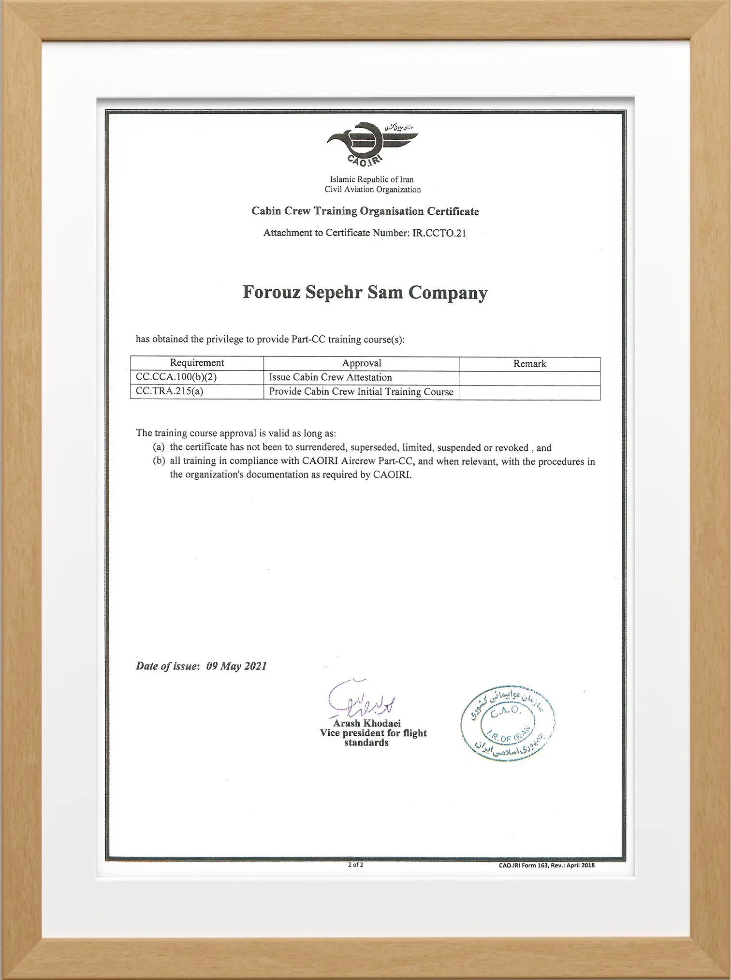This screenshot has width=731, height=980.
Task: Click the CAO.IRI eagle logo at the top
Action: tap(370, 144)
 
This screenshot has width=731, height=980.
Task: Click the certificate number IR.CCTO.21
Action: tap(439, 233)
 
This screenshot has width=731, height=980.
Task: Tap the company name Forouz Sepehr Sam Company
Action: tap(365, 293)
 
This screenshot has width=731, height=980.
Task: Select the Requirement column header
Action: tap(197, 363)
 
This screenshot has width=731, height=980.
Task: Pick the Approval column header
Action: tap(361, 363)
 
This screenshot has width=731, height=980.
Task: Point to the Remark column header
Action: tap(529, 364)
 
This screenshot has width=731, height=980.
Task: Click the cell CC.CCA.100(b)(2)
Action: tap(176, 377)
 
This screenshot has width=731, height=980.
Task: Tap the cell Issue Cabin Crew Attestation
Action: tap(330, 377)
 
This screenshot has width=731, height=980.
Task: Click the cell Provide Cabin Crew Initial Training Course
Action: tap(361, 392)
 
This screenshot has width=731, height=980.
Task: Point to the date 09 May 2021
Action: tap(236, 666)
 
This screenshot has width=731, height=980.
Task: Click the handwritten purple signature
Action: tap(360, 700)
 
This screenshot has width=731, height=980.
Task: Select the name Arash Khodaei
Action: tap(366, 724)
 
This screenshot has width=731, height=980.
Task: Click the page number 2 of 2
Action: tap(355, 865)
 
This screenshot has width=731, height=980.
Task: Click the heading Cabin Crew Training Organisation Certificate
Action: tap(365, 211)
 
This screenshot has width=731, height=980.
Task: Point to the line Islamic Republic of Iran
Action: tap(372, 179)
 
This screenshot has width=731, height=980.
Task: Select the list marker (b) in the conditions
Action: tap(159, 461)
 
